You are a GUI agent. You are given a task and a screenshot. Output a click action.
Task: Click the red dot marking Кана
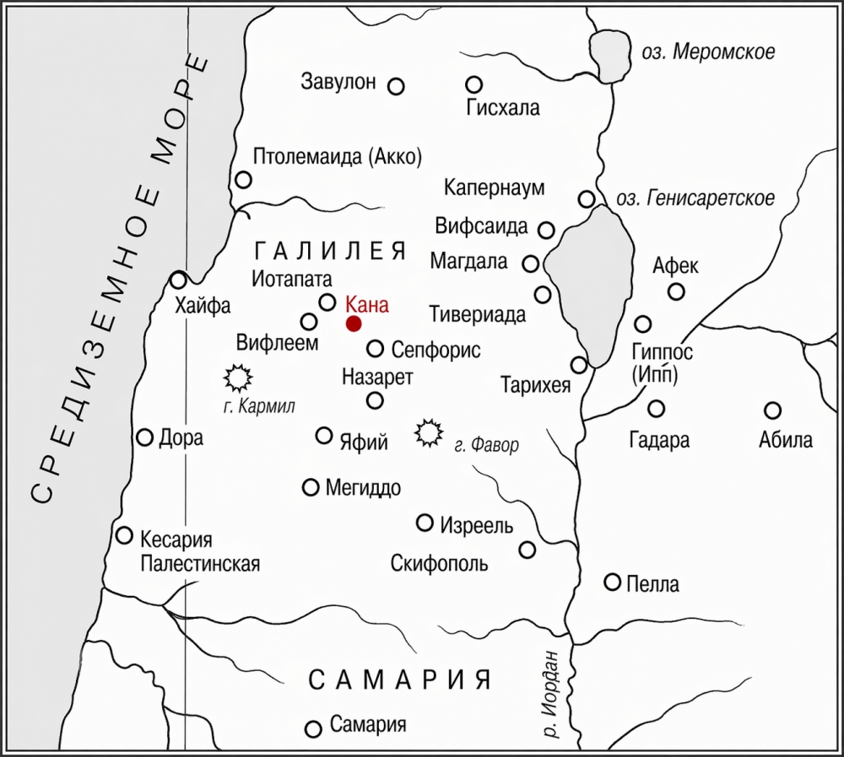(354, 324)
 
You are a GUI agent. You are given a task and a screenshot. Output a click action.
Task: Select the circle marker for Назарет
(375, 400)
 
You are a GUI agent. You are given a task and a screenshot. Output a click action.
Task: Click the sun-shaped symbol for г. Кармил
(237, 375)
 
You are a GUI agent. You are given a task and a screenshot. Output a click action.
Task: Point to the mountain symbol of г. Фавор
(430, 432)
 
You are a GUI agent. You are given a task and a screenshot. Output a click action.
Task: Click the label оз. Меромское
(707, 52)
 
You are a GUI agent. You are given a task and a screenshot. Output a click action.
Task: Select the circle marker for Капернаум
(586, 199)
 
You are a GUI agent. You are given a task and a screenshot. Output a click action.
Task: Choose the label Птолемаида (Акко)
(337, 157)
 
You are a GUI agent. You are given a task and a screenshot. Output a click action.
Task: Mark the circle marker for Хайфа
(178, 280)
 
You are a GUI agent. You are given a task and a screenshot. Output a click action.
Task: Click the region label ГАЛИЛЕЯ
(330, 250)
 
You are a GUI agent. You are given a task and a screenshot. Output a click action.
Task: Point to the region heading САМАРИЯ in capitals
(399, 679)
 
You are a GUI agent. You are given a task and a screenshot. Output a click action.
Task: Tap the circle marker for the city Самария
(313, 729)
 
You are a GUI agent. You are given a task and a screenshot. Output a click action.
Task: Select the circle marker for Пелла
(613, 582)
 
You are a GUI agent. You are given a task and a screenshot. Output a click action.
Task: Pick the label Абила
(785, 439)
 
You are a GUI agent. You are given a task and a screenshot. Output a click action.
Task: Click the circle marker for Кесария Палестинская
(125, 535)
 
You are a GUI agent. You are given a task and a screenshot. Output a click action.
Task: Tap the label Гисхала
(503, 108)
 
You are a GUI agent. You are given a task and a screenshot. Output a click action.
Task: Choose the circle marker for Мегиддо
(311, 487)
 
